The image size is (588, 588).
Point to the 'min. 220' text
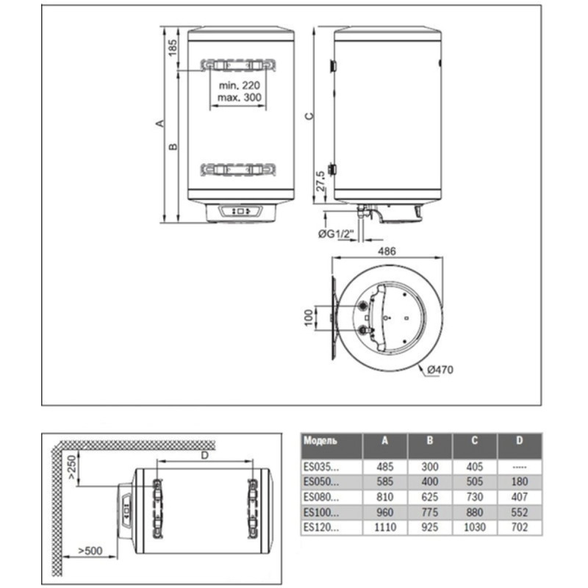click(x=240, y=86)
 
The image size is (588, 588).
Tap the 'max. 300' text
click(x=240, y=98)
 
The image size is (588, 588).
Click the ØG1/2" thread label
click(x=337, y=234)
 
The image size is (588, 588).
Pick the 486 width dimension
click(x=387, y=251)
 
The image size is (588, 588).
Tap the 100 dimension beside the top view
click(x=307, y=318)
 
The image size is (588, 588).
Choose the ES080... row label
click(x=322, y=496)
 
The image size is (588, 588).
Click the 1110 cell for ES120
click(x=384, y=527)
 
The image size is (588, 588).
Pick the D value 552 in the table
click(x=520, y=512)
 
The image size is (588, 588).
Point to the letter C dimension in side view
click(x=309, y=115)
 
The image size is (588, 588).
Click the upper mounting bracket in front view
click(x=240, y=65)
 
